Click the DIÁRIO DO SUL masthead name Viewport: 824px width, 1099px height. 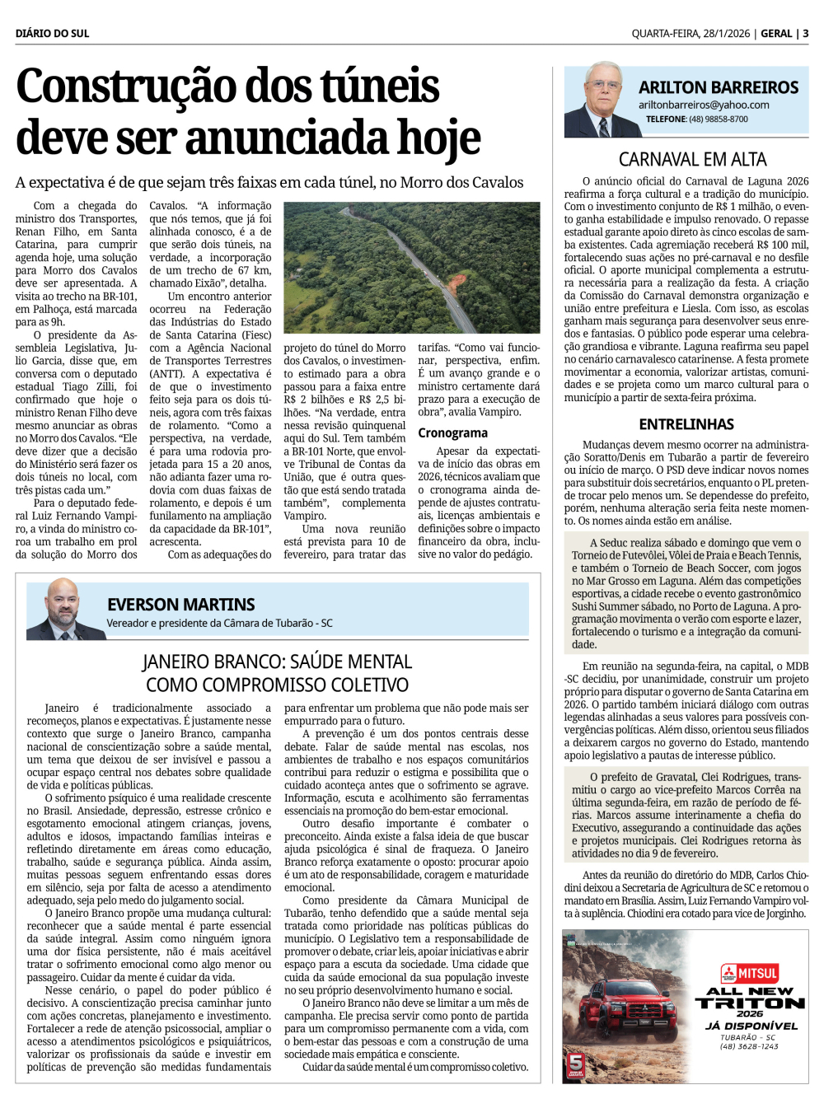(52, 34)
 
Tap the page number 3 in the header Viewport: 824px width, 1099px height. (805, 34)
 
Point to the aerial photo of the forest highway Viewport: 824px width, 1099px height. (411, 268)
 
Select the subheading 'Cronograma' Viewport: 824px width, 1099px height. (452, 433)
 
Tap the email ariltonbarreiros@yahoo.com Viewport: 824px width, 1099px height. (704, 105)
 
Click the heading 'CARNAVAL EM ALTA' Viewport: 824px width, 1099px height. (692, 160)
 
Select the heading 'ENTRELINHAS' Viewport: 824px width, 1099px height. (686, 424)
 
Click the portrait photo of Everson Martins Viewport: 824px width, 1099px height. (65, 609)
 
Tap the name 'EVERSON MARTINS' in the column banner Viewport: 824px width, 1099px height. (181, 605)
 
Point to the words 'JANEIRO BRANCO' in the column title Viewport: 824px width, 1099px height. (214, 662)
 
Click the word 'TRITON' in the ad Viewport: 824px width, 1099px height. (750, 1003)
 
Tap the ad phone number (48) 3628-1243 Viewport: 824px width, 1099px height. (749, 1046)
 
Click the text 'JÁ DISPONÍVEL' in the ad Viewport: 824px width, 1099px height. (751, 1026)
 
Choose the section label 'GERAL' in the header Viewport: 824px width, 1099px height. (776, 34)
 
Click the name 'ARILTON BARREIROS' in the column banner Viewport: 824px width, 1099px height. (719, 87)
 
